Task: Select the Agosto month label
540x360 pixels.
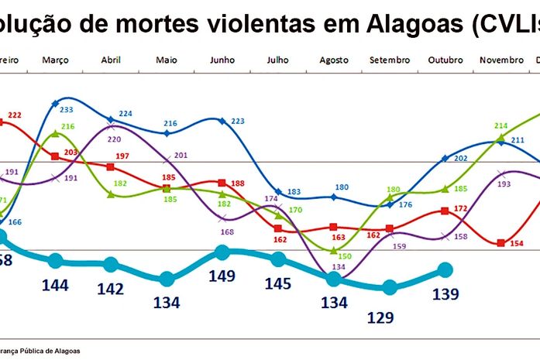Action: [x=334, y=60]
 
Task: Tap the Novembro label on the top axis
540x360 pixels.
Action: [x=502, y=60]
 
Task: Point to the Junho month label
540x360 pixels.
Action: [x=222, y=60]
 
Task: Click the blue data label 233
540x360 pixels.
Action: [x=67, y=110]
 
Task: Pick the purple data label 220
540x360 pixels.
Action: [x=115, y=139]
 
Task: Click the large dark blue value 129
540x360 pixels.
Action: [x=380, y=317]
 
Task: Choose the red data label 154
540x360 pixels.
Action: [x=516, y=244]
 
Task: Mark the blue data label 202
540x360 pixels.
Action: [x=460, y=158]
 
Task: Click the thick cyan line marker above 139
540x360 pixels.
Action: [x=445, y=269]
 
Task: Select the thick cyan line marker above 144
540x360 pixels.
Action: [x=55, y=261]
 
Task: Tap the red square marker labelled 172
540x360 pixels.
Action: [x=445, y=211]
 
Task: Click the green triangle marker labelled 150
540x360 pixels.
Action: [x=334, y=251]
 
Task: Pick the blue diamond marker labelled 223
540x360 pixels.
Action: [x=222, y=121]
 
